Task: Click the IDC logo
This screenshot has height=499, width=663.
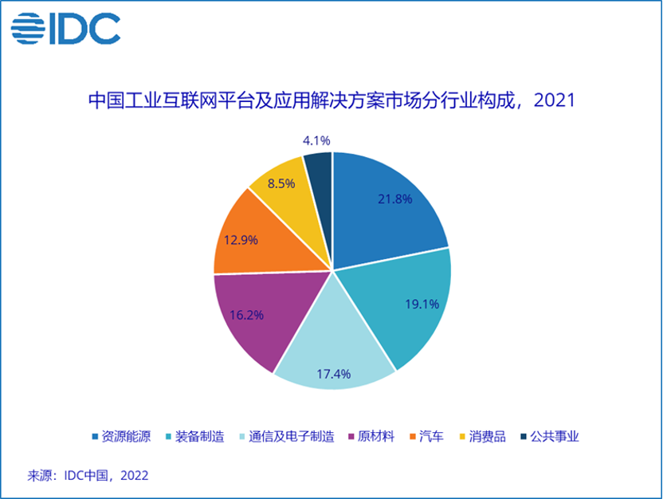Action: point(65,29)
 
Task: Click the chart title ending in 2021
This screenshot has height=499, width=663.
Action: point(332,100)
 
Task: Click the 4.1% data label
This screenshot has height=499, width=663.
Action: point(316,140)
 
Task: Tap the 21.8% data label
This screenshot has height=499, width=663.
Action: point(395,198)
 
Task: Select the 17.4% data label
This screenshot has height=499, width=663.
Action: point(334,374)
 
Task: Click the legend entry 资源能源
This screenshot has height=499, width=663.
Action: point(121,436)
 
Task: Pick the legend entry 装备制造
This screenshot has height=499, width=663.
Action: point(195,436)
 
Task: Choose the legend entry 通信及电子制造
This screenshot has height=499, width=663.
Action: point(287,436)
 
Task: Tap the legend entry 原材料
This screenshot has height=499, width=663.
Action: point(371,436)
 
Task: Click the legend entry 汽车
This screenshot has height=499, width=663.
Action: point(426,436)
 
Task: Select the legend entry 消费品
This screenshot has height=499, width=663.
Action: point(482,436)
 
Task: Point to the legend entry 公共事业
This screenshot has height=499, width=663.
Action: point(550,436)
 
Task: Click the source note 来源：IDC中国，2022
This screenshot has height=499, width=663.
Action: point(88,476)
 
